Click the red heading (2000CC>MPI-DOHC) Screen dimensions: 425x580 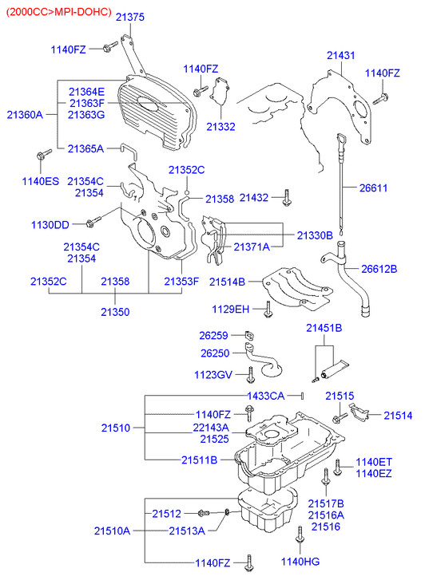point(59,12)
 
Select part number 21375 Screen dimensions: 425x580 point(129,17)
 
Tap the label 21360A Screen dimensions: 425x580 point(25,115)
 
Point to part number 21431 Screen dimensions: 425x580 point(340,56)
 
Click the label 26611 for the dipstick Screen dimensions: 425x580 point(373,188)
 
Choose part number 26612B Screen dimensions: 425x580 point(379,269)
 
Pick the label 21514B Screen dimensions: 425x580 point(227,282)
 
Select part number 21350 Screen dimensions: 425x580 point(115,312)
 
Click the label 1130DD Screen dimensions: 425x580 point(50,225)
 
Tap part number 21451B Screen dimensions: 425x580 point(324,328)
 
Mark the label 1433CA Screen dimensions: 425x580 point(266,397)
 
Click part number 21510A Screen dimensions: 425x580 point(112,531)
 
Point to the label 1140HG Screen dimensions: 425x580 point(300,562)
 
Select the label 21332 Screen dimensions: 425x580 point(220,127)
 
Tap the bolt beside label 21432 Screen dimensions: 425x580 point(287,198)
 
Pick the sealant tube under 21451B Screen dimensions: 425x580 point(336,369)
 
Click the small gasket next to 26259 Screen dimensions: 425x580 point(250,336)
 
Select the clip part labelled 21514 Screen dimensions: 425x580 point(359,412)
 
